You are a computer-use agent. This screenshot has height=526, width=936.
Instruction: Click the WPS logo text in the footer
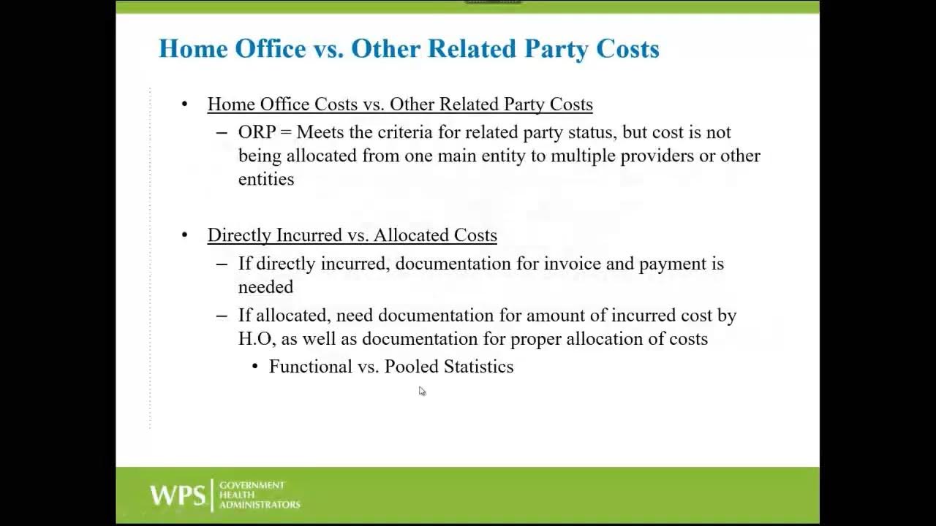click(178, 495)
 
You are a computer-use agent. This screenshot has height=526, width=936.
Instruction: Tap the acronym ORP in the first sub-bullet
click(257, 132)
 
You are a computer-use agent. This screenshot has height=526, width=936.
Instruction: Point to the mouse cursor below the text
click(422, 391)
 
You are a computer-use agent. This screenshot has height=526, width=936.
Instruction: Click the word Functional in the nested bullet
click(311, 367)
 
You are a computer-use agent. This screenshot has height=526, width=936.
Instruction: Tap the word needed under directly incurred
click(265, 287)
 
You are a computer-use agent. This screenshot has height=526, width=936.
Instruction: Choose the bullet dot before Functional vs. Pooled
click(255, 367)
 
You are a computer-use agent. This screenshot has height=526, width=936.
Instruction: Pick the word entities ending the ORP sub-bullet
click(266, 179)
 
